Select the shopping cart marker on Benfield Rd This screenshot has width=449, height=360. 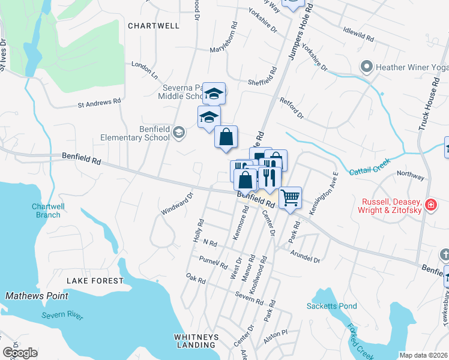pos(290,196)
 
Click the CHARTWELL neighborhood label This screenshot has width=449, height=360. pos(154,26)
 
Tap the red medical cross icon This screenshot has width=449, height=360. pos(430,206)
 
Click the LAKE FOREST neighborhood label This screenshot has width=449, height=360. pos(95,281)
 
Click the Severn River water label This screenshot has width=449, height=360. pos(62,316)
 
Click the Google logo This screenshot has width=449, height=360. pos(19,353)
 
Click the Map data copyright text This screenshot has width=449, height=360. pos(423,355)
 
